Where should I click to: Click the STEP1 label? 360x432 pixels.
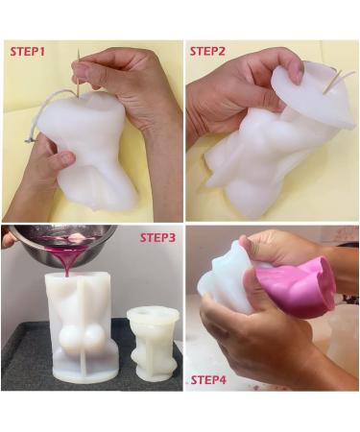[28, 52]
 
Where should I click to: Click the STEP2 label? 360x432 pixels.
[207, 51]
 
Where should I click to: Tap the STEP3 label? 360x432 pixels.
[157, 238]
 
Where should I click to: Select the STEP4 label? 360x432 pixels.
[208, 380]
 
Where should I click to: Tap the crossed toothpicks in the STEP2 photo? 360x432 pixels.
[338, 81]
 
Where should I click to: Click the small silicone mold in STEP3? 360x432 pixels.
[153, 343]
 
